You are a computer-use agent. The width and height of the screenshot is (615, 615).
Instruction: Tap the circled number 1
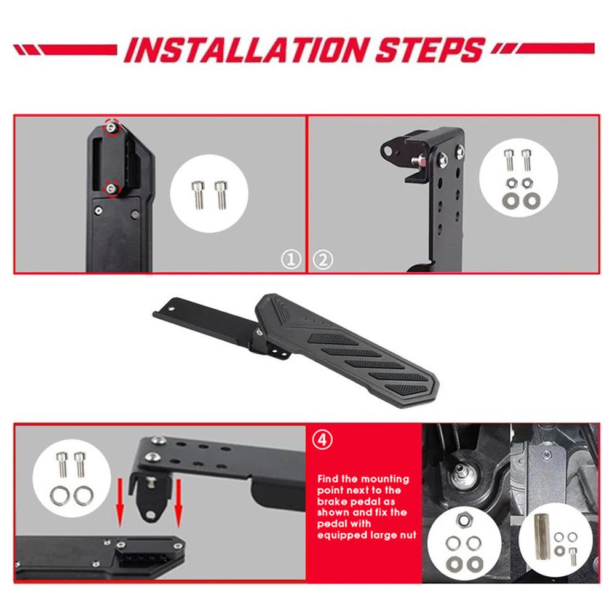tap(292, 260)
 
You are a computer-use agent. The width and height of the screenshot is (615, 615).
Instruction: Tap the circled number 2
tap(323, 260)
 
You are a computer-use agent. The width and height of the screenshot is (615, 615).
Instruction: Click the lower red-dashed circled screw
tap(111, 188)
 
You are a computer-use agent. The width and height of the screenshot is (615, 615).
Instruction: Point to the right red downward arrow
tap(179, 504)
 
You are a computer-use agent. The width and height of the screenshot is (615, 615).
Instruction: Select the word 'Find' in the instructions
tap(330, 478)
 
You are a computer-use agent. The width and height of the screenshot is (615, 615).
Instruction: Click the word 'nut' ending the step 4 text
tap(408, 536)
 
